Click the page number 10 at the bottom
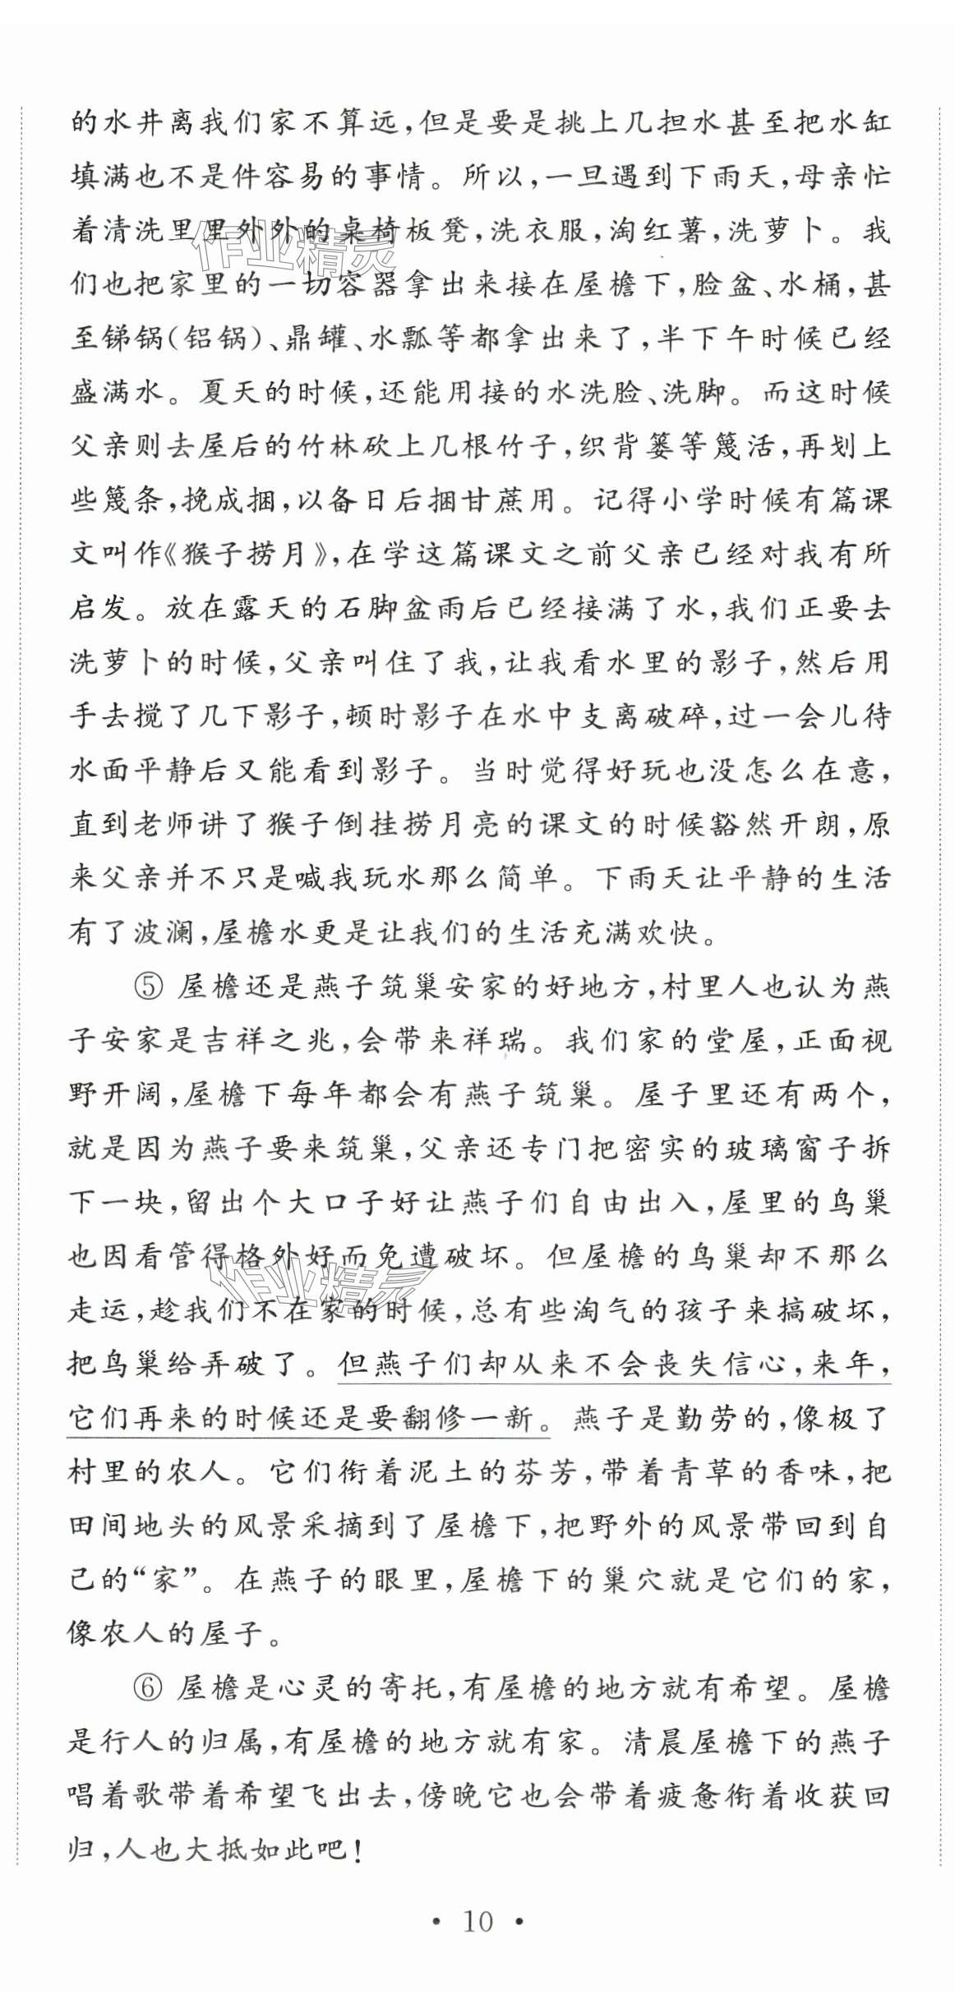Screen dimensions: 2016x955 (x=477, y=1922)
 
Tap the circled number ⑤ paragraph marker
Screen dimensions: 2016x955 (x=150, y=987)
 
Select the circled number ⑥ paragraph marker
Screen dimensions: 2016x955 (x=148, y=1688)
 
